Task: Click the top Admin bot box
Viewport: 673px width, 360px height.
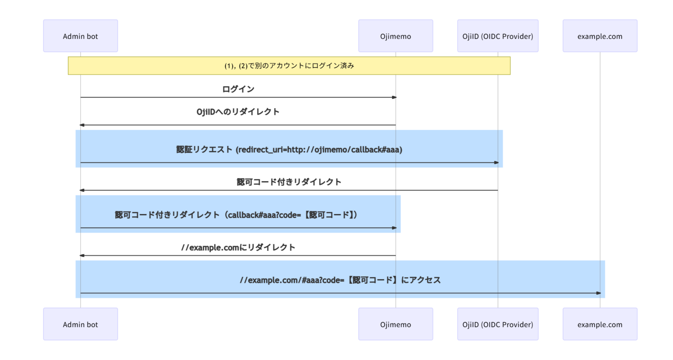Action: pyautogui.click(x=80, y=36)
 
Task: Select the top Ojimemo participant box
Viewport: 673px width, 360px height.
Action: pyautogui.click(x=395, y=36)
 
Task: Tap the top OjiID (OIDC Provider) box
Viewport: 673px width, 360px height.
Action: pyautogui.click(x=497, y=36)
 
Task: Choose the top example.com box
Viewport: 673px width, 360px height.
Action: pyautogui.click(x=599, y=36)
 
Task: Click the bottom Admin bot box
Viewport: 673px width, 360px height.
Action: pyautogui.click(x=80, y=324)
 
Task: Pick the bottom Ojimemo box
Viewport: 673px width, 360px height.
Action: pyautogui.click(x=395, y=324)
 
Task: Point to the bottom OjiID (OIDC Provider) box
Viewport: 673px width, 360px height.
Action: pyautogui.click(x=497, y=324)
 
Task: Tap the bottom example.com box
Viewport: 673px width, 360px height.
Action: pyautogui.click(x=599, y=324)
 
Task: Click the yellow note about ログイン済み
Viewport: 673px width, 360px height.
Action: pyautogui.click(x=289, y=66)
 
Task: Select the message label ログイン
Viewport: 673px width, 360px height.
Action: pyautogui.click(x=238, y=89)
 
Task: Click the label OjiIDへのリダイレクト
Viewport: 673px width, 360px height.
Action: pyautogui.click(x=238, y=112)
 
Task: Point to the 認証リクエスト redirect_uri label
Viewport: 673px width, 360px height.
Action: pyautogui.click(x=289, y=149)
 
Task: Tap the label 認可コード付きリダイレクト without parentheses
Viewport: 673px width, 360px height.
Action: pyautogui.click(x=289, y=182)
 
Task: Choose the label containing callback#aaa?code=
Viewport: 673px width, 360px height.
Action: pyautogui.click(x=237, y=215)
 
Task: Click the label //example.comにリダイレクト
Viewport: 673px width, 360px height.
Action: pyautogui.click(x=238, y=247)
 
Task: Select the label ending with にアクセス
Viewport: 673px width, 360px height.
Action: pyautogui.click(x=340, y=280)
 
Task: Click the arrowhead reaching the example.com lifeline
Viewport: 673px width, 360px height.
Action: pyautogui.click(x=599, y=293)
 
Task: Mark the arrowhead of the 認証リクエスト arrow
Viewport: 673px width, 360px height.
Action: pyautogui.click(x=496, y=162)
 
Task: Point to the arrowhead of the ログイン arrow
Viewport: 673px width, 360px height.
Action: pyautogui.click(x=394, y=97)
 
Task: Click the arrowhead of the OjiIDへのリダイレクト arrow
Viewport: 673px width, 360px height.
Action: pyautogui.click(x=82, y=125)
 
